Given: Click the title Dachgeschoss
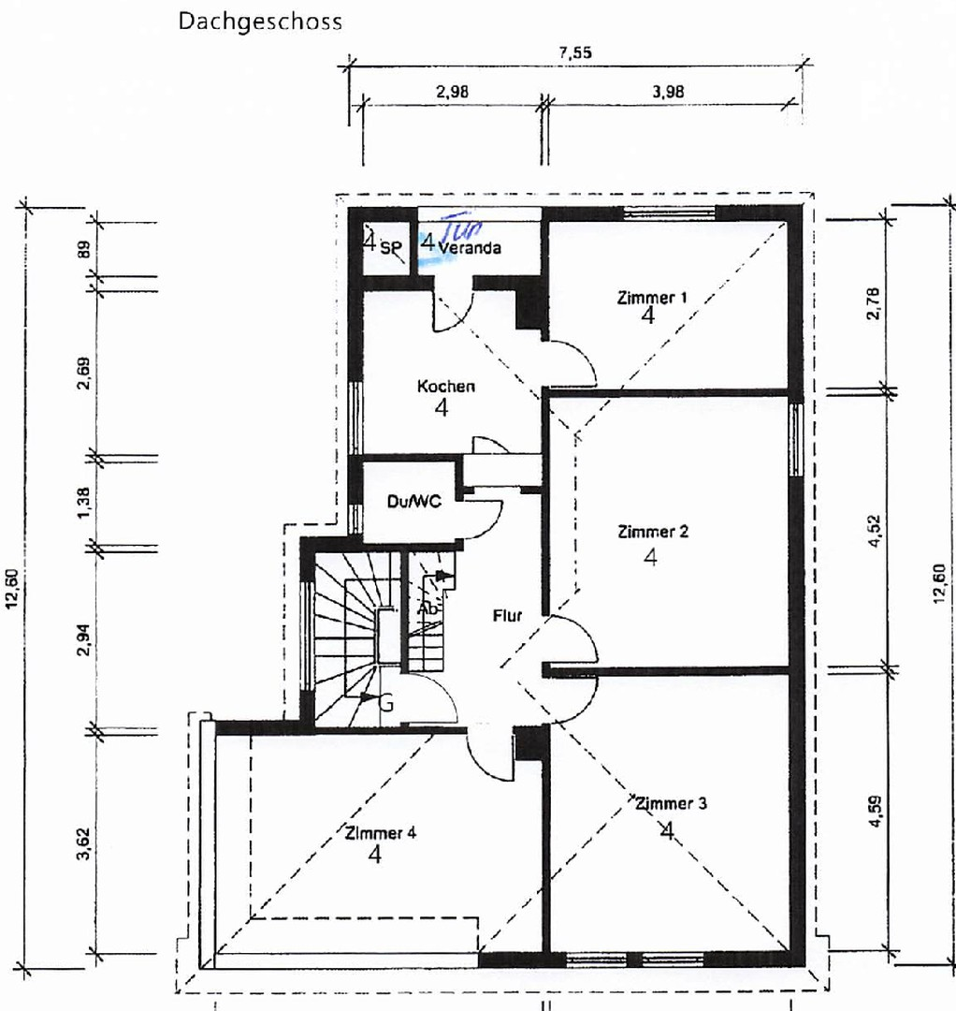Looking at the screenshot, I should pos(259,22).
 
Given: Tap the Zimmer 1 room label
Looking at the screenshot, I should pos(652,298).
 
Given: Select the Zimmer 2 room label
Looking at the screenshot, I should pos(653,532).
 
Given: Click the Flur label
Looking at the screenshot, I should pos(507,617).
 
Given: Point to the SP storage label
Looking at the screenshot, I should pos(389,247).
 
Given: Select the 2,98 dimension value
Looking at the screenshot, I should pos(452,92).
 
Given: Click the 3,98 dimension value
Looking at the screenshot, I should pos(669,92).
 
